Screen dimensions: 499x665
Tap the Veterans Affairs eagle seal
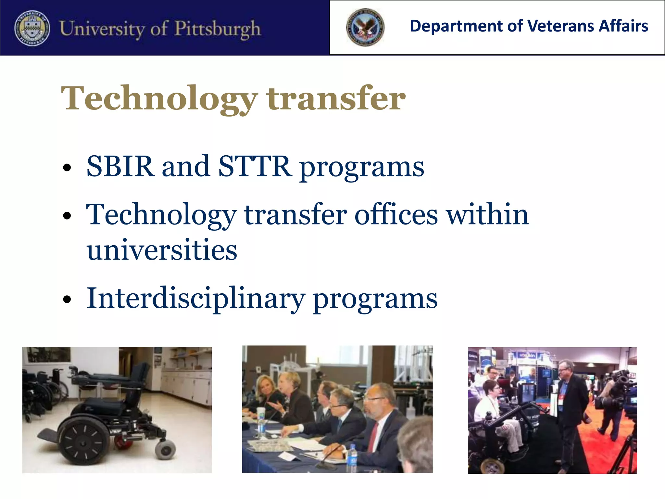(365, 27)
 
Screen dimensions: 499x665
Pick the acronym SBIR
(120, 166)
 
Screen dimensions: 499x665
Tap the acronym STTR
(255, 166)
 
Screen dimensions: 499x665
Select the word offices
(396, 215)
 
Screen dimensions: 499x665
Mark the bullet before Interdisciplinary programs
(67, 299)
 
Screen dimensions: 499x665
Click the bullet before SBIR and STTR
(67, 168)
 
